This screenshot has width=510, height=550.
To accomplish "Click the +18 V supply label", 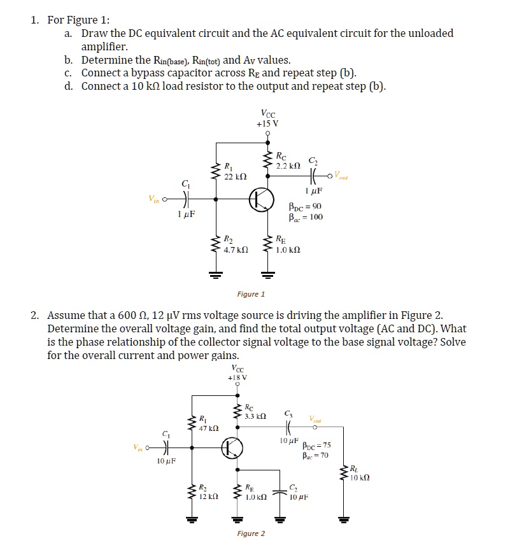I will click(x=237, y=376).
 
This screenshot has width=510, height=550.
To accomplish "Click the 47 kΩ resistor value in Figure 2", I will click(x=209, y=428).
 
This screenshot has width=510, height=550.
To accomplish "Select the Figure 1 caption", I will click(x=251, y=294).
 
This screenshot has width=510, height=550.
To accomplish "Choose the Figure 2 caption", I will click(x=251, y=533).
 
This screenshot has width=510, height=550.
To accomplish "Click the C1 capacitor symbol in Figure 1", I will click(x=185, y=199).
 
